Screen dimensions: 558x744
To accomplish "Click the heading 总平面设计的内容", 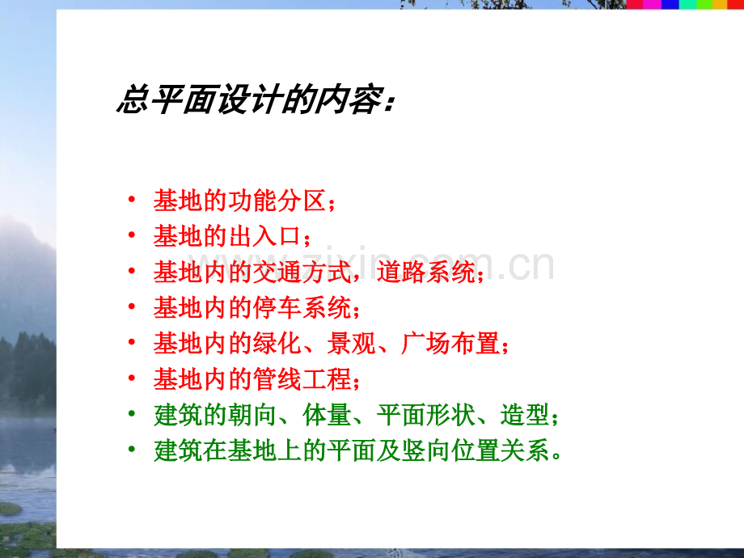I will pos(256,100).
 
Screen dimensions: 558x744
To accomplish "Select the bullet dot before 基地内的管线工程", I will pos(131,379).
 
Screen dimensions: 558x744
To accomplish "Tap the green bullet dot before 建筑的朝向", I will pos(131,415).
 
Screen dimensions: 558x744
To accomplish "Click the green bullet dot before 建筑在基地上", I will pos(131,450).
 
